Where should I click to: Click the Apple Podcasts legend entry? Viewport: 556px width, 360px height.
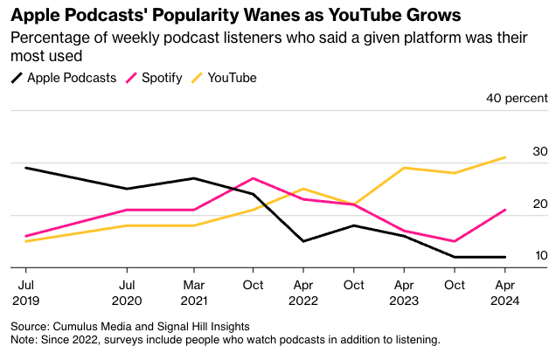tap(71, 78)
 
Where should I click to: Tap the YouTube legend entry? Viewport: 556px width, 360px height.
tap(232, 78)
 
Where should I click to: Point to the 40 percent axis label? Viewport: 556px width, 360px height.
tap(517, 98)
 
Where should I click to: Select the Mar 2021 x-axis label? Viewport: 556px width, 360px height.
tap(193, 292)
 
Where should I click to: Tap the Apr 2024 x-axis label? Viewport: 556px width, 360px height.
tap(504, 292)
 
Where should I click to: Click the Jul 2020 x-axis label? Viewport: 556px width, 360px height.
tap(127, 292)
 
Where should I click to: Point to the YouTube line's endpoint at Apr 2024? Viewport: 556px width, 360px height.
tap(505, 157)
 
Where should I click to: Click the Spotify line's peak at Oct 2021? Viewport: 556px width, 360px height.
tap(253, 178)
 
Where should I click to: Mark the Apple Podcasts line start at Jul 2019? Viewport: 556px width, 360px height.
tap(25, 168)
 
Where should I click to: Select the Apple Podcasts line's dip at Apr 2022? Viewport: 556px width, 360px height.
tap(302, 241)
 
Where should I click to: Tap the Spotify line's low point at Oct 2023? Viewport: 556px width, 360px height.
tap(455, 241)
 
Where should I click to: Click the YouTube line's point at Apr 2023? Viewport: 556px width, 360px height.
tap(404, 168)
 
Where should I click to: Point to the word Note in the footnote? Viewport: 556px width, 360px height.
tap(24, 339)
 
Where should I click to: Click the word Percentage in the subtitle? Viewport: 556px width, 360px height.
tap(47, 38)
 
